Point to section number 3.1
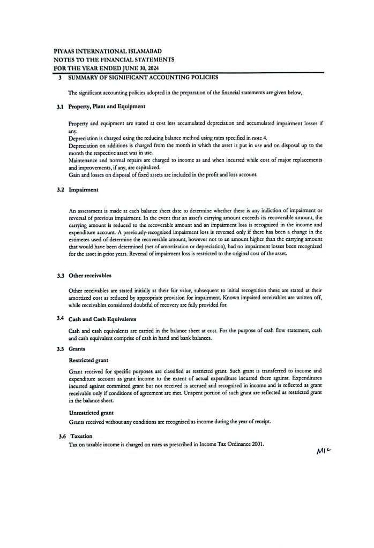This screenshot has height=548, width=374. [61, 107]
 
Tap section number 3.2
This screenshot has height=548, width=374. [61, 189]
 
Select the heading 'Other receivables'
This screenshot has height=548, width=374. [90, 275]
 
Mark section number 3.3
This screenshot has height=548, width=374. [61, 275]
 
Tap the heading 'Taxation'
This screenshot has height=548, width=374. [81, 436]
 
